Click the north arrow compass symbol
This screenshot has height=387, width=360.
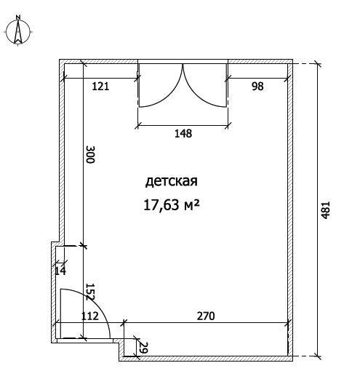coord(18,31)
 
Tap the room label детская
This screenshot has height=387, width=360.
coord(172,181)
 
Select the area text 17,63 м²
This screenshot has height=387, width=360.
coord(171,205)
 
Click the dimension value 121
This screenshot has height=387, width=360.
coord(100,87)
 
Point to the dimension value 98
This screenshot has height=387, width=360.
coord(257,86)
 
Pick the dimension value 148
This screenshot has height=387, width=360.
coord(183,134)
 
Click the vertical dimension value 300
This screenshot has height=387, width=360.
coord(90,154)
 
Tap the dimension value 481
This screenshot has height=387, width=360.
coord(325,210)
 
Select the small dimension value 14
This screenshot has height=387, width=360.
coord(60,271)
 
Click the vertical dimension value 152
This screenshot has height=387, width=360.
coord(90,292)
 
